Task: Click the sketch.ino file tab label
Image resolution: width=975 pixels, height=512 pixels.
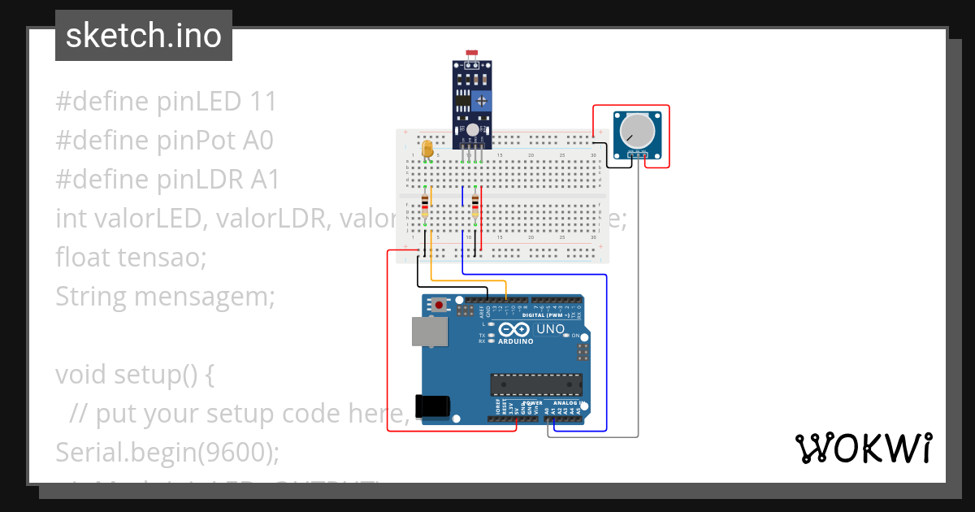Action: point(144,36)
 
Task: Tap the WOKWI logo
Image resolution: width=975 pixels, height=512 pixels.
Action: point(863,448)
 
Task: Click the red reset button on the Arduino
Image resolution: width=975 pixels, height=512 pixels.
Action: point(440,306)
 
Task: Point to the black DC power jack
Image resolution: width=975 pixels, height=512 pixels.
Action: point(432,406)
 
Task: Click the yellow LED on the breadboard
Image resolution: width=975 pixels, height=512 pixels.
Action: point(427,149)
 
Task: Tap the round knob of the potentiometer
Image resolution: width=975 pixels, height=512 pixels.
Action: point(636,130)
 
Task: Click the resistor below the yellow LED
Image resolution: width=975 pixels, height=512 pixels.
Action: point(425,206)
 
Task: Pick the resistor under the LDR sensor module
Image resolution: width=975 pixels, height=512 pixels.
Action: point(474,206)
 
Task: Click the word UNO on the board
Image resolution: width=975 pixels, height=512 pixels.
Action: point(550,329)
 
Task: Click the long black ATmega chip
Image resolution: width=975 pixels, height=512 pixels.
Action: point(535,384)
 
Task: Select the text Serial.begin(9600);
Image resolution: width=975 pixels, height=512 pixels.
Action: point(167,452)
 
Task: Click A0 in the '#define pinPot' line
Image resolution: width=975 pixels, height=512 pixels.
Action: point(257,141)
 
